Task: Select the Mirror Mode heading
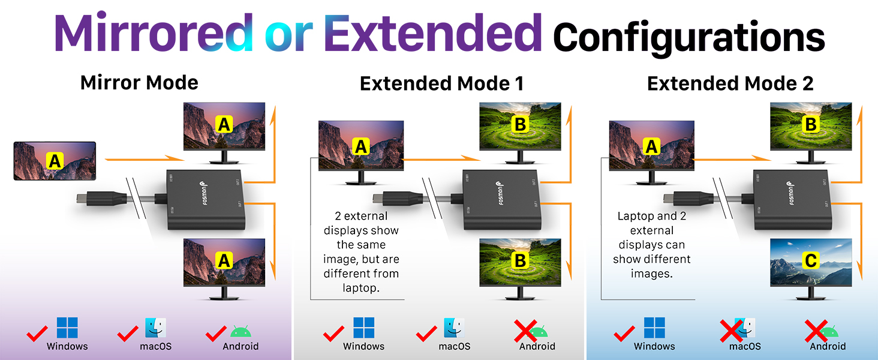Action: tap(139, 82)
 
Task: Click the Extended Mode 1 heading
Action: tap(441, 84)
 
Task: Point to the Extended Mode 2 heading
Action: tap(730, 84)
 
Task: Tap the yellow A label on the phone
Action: tap(55, 160)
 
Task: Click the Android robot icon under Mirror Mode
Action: tap(240, 331)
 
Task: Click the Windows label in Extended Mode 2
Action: tap(654, 346)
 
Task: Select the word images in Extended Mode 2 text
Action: tap(651, 274)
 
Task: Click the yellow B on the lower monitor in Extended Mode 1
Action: tap(520, 261)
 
